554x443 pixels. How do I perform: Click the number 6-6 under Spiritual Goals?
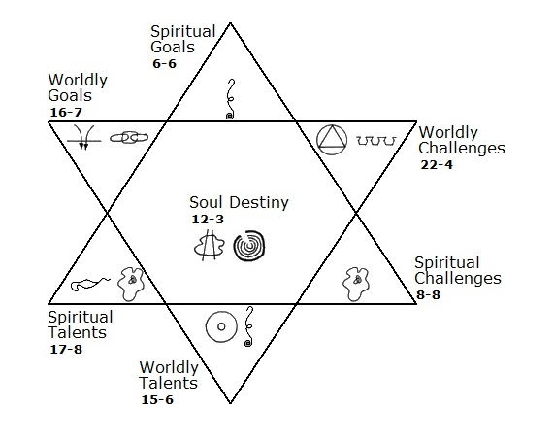164,64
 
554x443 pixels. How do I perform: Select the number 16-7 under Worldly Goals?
66,113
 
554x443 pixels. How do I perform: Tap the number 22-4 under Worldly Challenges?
437,165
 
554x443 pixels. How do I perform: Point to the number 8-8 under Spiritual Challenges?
428,295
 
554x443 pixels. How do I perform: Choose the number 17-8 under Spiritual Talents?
66,350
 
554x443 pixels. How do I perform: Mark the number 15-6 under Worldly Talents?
157,400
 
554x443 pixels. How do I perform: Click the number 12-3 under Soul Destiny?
208,220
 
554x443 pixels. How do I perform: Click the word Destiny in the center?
259,203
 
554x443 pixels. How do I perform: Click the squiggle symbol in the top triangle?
230,99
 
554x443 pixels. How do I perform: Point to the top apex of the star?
230,23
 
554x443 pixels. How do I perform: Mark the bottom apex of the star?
230,403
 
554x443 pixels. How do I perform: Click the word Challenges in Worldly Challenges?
462,149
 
